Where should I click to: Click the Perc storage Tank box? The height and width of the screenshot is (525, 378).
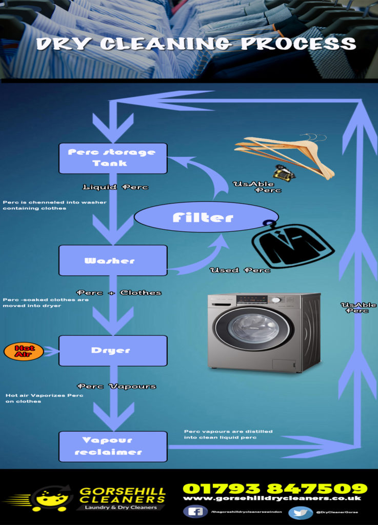[113, 158]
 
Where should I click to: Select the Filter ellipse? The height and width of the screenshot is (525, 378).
[206, 217]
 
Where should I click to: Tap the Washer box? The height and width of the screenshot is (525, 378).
[113, 260]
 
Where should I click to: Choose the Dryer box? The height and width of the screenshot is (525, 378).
[113, 351]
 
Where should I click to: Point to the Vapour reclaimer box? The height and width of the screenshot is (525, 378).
[113, 446]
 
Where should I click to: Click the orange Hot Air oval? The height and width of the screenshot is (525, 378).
[24, 351]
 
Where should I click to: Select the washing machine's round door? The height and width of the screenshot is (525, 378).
[253, 328]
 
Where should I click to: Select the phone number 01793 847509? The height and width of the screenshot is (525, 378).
[275, 488]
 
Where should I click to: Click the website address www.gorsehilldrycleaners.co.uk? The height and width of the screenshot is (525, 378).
[272, 498]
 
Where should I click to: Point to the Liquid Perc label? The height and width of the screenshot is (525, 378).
[115, 187]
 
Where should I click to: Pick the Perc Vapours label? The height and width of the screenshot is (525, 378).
[116, 386]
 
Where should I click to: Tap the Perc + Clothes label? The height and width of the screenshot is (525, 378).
[118, 293]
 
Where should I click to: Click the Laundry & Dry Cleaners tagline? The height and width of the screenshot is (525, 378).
[121, 507]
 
